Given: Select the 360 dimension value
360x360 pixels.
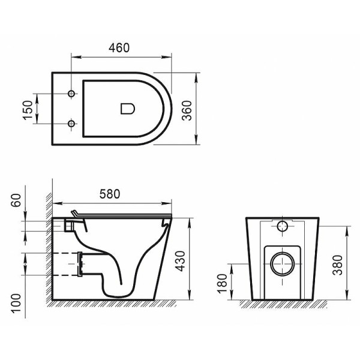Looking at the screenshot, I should coord(187,109).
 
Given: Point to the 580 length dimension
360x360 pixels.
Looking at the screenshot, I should coord(109,194).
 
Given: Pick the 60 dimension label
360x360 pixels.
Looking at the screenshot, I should coord(16,201).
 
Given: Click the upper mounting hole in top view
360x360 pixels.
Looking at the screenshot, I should coord(71,94).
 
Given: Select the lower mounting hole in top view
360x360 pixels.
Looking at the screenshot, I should coord(71,124).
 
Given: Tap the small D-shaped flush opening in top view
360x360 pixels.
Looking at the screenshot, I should coord(127,109).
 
